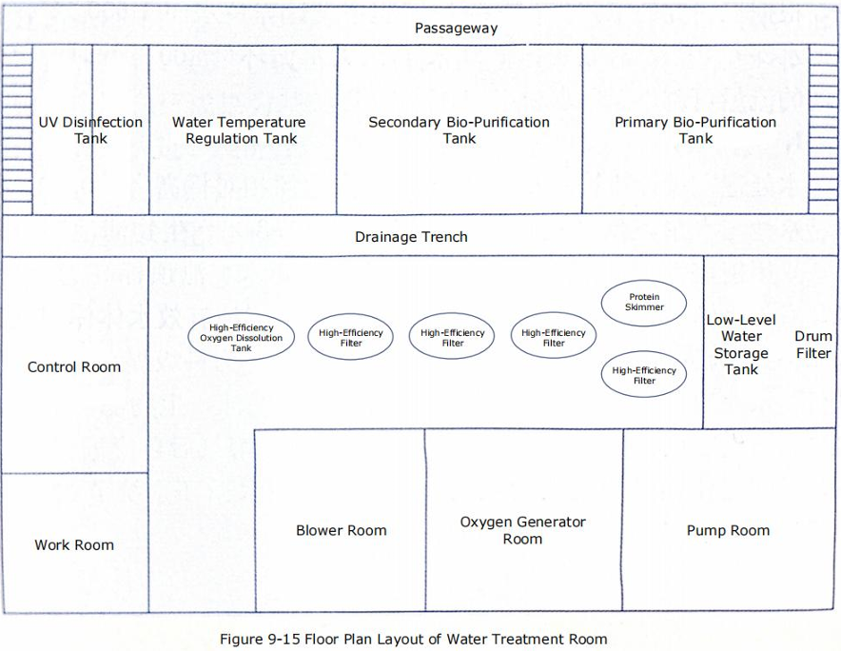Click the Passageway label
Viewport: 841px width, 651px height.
pos(456,29)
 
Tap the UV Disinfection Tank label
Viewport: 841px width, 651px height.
pos(90,130)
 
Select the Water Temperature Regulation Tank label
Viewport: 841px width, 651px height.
pos(240,130)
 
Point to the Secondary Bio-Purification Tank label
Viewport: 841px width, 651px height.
pos(459,130)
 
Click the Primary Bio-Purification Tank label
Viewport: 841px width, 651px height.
pos(695,130)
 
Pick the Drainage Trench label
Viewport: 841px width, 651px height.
pos(411,236)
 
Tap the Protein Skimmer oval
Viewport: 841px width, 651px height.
pos(644,303)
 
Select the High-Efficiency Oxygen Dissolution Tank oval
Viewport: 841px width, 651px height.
pos(241,338)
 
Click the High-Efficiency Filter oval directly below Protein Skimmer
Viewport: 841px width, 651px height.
pos(644,375)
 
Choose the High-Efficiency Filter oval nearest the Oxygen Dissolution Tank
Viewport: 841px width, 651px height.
pos(351,337)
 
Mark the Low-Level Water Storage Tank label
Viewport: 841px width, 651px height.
pos(740,345)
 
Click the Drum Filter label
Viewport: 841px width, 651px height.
pos(813,345)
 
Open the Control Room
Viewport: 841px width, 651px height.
pos(74,366)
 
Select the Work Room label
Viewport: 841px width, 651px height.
pos(74,545)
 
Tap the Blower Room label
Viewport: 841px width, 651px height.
pos(341,530)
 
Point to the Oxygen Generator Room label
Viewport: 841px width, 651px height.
pos(522,530)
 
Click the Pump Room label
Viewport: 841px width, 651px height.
pos(728,530)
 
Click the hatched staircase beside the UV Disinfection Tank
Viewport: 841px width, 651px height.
pos(17,129)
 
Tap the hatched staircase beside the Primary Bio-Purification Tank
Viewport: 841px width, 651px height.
pos(824,129)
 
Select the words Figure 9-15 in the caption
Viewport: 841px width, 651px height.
pos(256,639)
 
